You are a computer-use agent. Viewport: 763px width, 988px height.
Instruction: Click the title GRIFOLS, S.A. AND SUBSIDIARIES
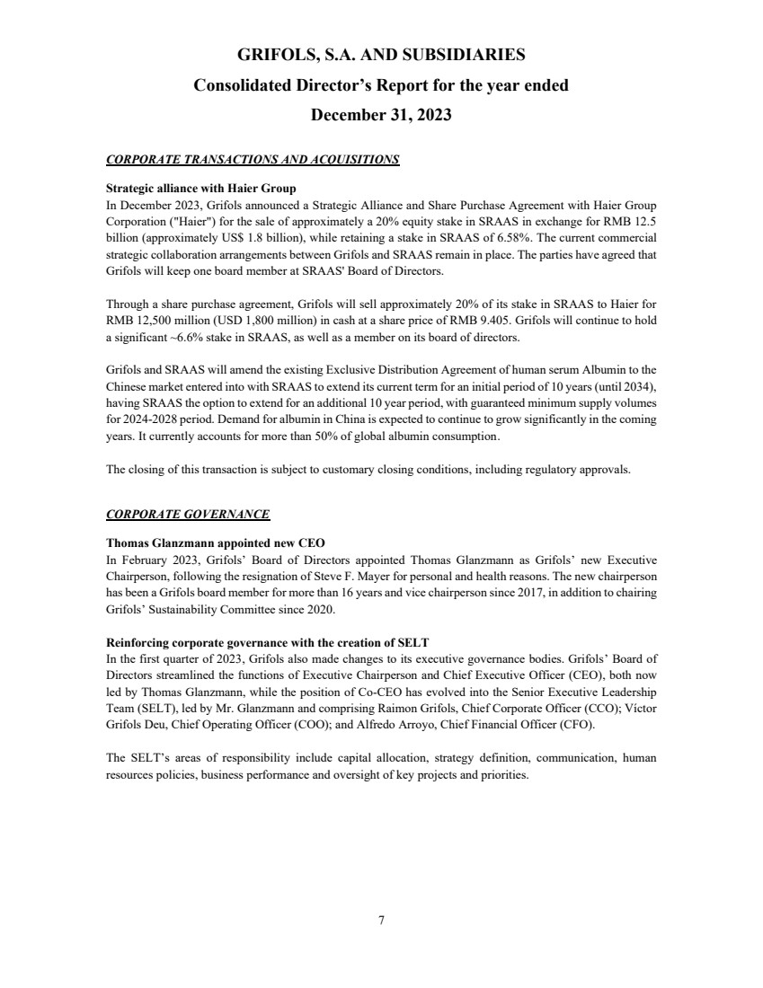click(x=381, y=56)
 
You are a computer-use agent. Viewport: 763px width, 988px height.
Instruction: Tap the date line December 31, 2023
click(x=381, y=116)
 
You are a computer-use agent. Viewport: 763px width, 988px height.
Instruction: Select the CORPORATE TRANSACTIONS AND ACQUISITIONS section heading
click(x=253, y=160)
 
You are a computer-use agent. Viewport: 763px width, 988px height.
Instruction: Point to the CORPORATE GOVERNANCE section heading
click(x=188, y=514)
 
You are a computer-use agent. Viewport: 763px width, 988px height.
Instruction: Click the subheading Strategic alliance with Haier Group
click(x=195, y=189)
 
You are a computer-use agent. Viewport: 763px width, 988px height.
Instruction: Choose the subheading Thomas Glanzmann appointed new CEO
click(x=216, y=543)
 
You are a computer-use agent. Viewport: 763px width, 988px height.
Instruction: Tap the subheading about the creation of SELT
click(x=267, y=642)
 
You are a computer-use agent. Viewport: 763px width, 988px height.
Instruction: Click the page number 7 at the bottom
click(x=381, y=919)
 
